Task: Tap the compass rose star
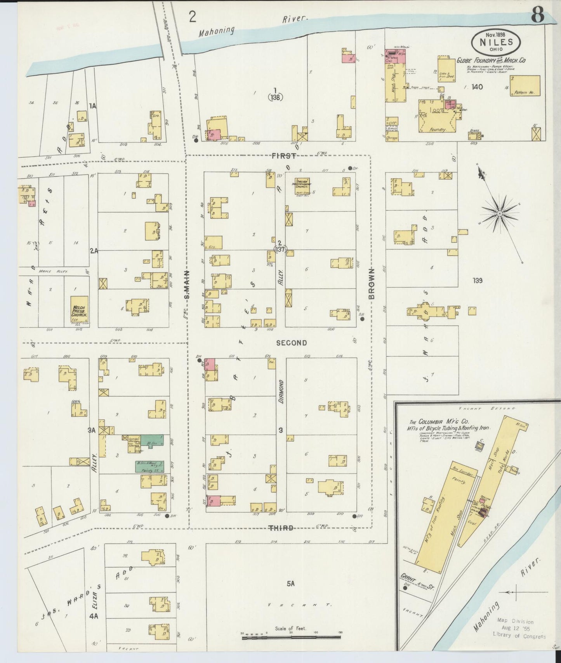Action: (x=500, y=213)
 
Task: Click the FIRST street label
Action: (x=283, y=156)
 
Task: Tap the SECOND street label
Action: (x=292, y=343)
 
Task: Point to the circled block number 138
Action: (x=275, y=97)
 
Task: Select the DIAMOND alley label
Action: (x=281, y=392)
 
